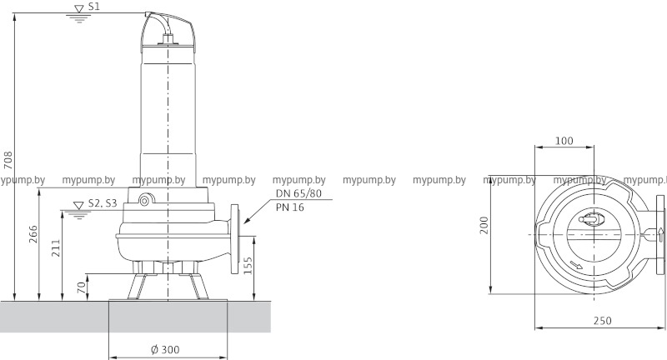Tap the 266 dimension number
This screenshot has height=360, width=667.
pos(33,234)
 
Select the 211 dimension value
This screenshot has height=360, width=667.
pos(56,247)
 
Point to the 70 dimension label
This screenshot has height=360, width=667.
pos(81,287)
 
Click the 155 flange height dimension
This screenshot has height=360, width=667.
pos(248,266)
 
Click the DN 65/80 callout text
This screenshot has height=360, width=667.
pos(298,193)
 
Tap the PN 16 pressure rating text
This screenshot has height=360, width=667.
pos(289,207)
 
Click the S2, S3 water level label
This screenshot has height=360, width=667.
pos(103,203)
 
